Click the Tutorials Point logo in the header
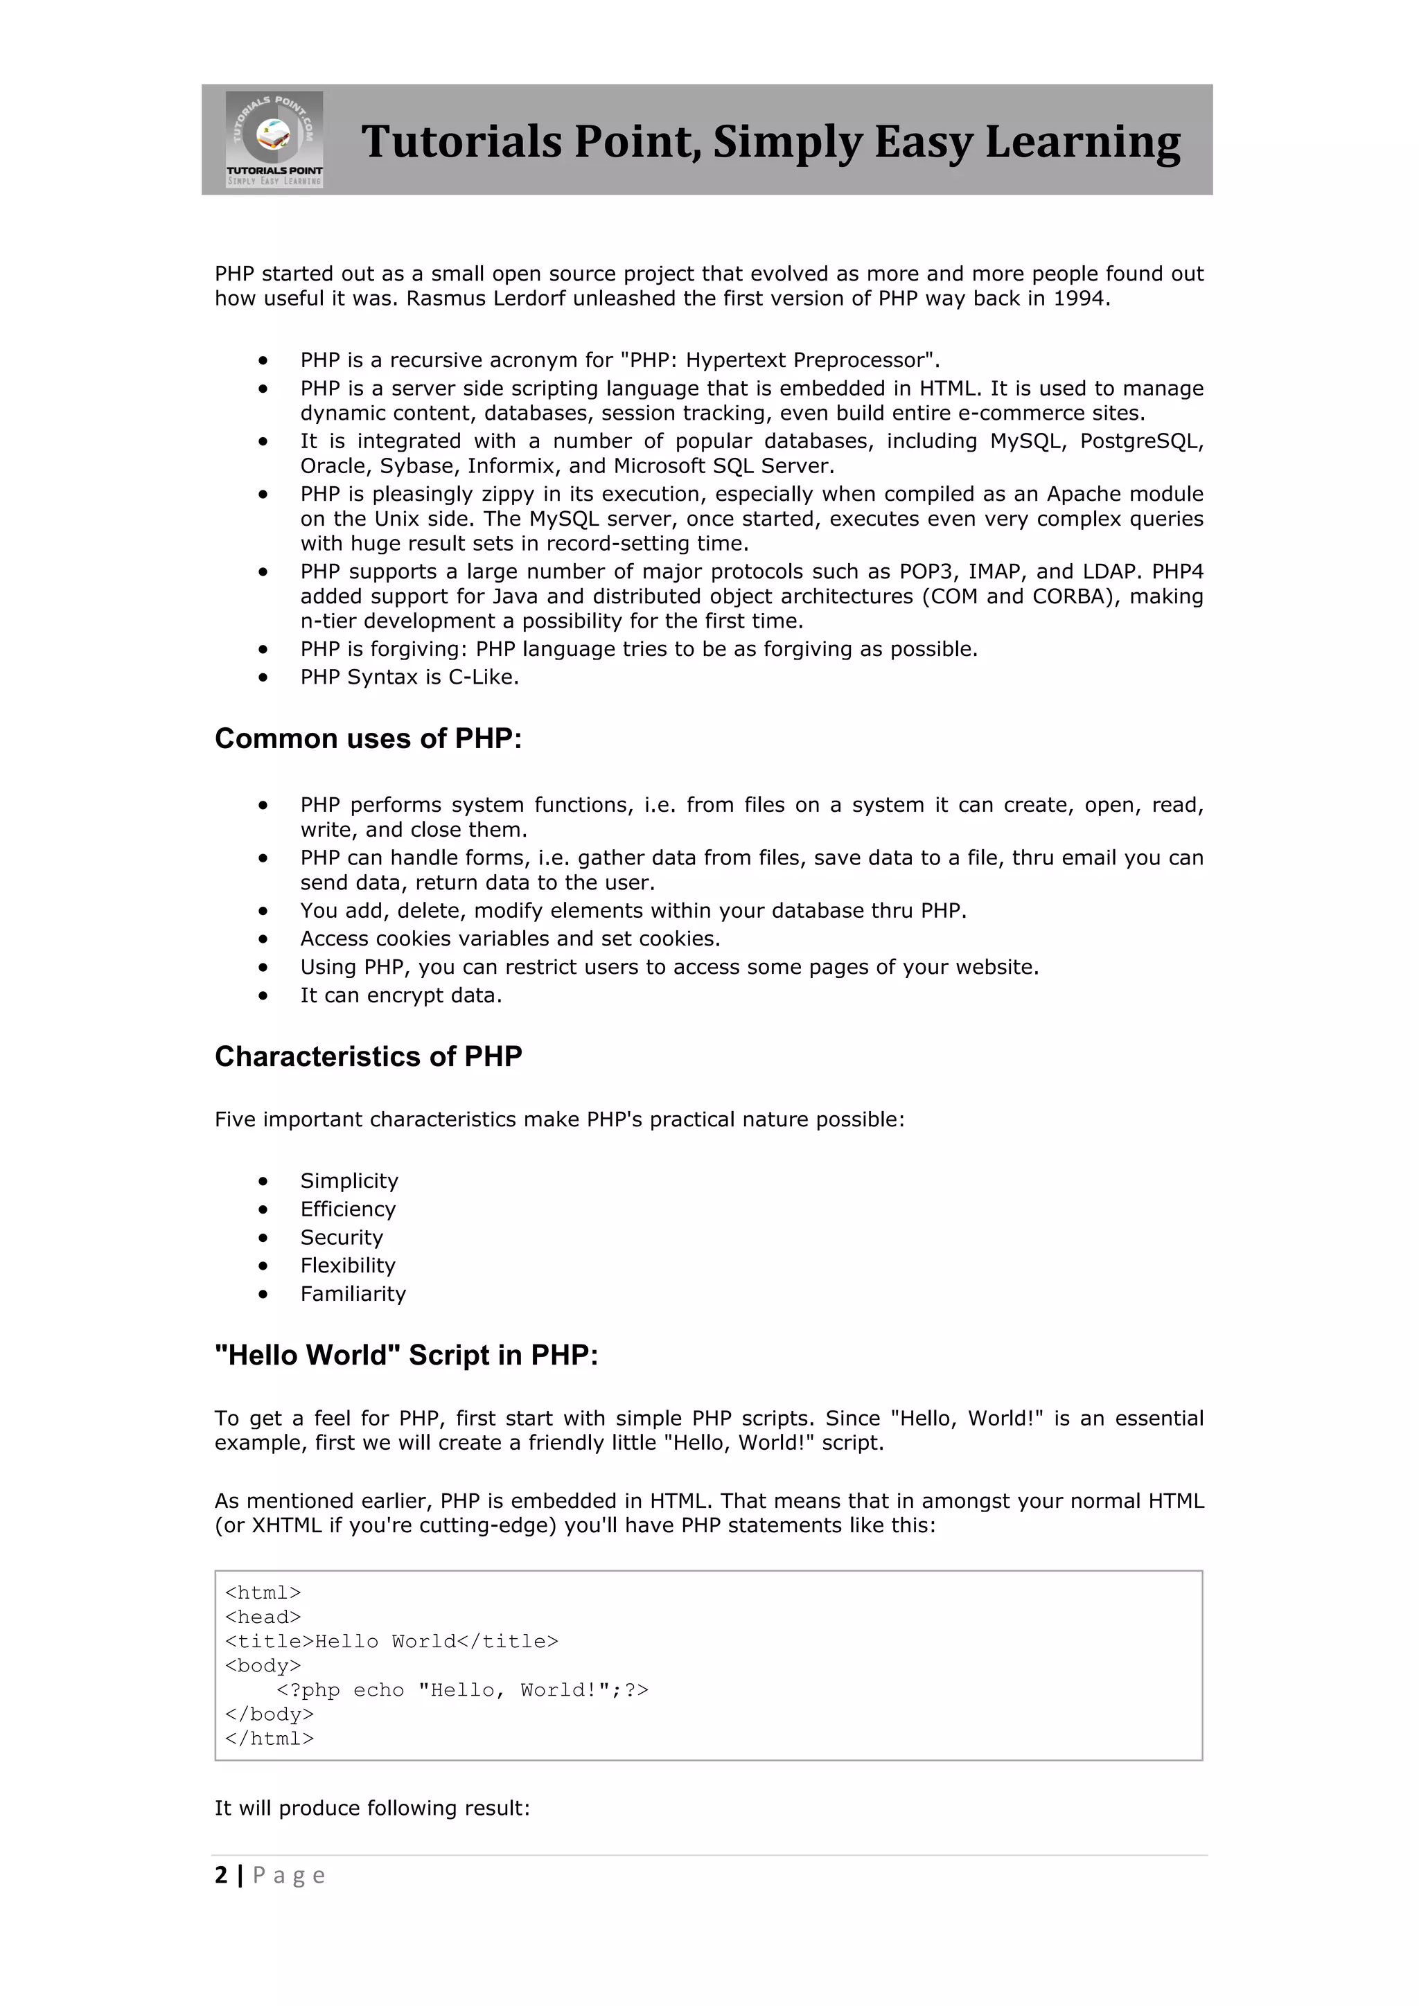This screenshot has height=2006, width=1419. pyautogui.click(x=274, y=139)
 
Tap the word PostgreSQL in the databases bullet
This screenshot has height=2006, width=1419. pyautogui.click(x=1140, y=441)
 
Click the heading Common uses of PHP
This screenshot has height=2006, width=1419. pyautogui.click(x=368, y=739)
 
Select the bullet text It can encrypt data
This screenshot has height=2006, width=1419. pyautogui.click(x=401, y=996)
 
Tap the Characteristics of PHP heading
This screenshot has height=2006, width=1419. pyautogui.click(x=368, y=1057)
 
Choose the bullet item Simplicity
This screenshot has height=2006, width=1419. pyautogui.click(x=349, y=1181)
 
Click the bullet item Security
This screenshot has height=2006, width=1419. pyautogui.click(x=342, y=1238)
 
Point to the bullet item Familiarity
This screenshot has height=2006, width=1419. pyautogui.click(x=353, y=1294)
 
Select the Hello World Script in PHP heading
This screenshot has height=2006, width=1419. pyautogui.click(x=406, y=1355)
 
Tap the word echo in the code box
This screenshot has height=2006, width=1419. pyautogui.click(x=378, y=1691)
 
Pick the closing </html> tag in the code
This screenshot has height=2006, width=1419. pyautogui.click(x=269, y=1739)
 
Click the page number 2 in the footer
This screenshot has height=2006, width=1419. pyautogui.click(x=221, y=1875)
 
